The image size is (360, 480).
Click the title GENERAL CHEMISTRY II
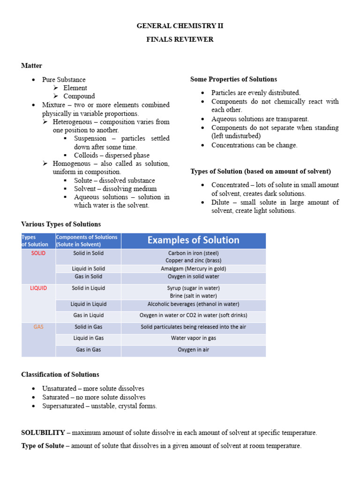point(180,26)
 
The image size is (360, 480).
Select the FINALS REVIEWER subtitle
point(180,39)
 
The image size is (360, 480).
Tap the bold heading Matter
point(31,66)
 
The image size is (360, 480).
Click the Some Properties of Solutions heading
point(233,79)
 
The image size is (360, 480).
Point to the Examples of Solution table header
point(193,240)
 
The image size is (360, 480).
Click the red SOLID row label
point(38,253)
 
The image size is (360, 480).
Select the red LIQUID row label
point(38,288)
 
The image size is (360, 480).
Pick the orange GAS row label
point(38,327)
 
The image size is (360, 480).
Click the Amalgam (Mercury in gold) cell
point(193,269)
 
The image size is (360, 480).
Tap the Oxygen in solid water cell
point(193,277)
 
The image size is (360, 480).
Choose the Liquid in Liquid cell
point(89,304)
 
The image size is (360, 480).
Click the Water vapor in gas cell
point(193,338)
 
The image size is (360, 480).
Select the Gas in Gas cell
point(89,350)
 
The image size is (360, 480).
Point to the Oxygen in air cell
point(193,350)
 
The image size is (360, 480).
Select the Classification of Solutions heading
point(60,375)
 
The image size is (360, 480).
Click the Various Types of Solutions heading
point(61,224)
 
